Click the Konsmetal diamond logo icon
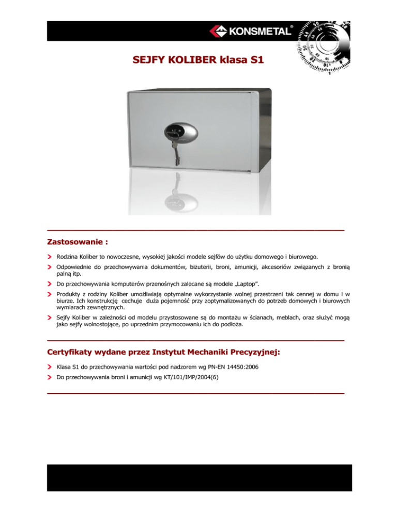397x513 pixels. pyautogui.click(x=217, y=31)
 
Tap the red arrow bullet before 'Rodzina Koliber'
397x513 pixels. pyautogui.click(x=50, y=256)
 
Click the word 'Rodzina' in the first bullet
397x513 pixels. pyautogui.click(x=68, y=256)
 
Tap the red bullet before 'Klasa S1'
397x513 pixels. pyautogui.click(x=50, y=367)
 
